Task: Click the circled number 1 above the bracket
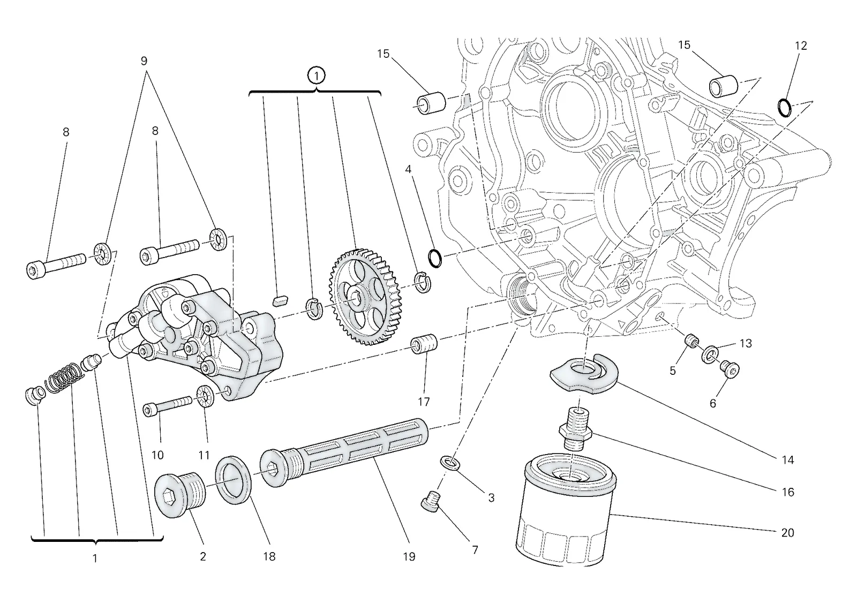pyautogui.click(x=316, y=76)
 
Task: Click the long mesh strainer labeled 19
pyautogui.click(x=344, y=453)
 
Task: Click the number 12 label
pyautogui.click(x=800, y=46)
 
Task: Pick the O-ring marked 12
pyautogui.click(x=784, y=108)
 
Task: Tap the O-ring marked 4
pyautogui.click(x=435, y=258)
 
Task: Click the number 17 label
pyautogui.click(x=424, y=401)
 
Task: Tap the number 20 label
pyautogui.click(x=787, y=532)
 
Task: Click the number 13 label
pyautogui.click(x=746, y=344)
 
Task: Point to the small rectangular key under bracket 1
pyautogui.click(x=281, y=300)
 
